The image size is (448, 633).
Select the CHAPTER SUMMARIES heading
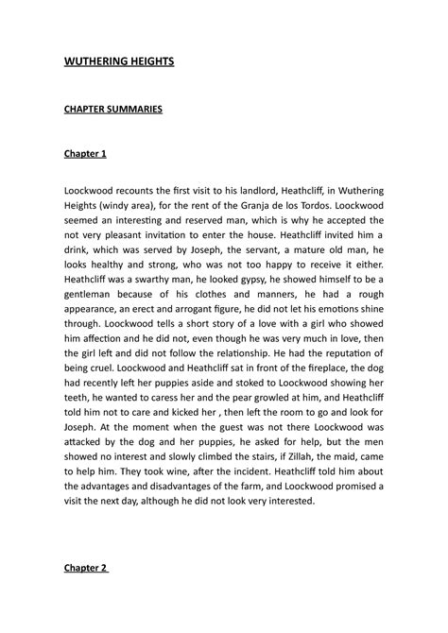[113, 109]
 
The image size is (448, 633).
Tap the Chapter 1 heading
[86, 153]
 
